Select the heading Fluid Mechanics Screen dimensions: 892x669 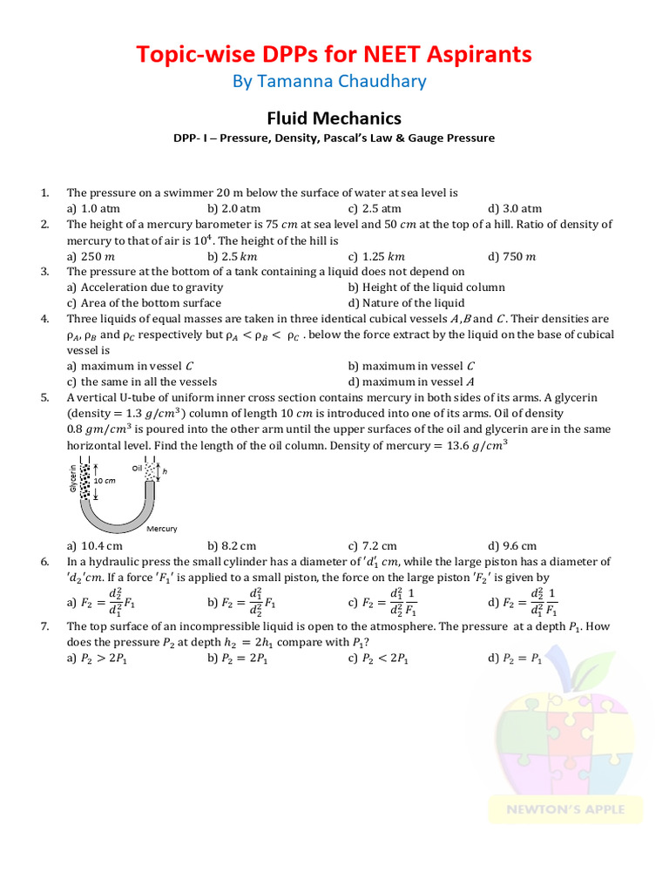click(x=334, y=118)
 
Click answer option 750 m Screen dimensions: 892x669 click(x=519, y=256)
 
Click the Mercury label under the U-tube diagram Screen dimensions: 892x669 click(x=162, y=529)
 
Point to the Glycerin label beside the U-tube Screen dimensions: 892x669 click(x=72, y=477)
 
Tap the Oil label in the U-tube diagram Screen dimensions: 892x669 click(x=137, y=468)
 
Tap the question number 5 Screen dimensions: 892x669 click(x=44, y=397)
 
